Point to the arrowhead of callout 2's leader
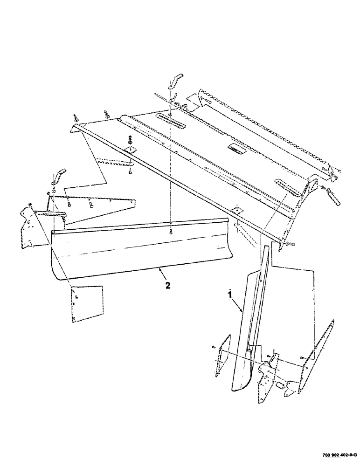coord(159,269)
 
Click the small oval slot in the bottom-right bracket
coord(280,385)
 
